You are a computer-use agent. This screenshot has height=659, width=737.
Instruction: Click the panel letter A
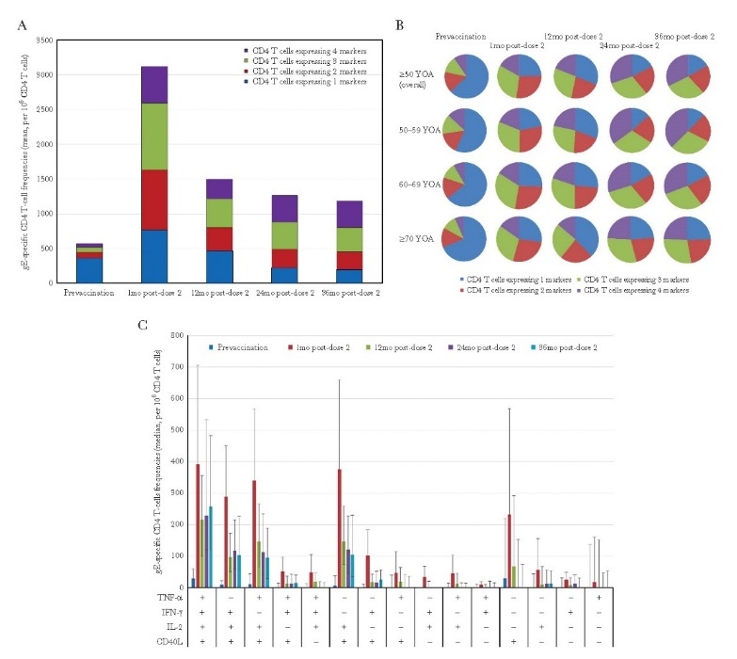(22, 25)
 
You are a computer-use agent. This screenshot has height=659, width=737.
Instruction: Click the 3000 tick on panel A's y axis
(45, 75)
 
